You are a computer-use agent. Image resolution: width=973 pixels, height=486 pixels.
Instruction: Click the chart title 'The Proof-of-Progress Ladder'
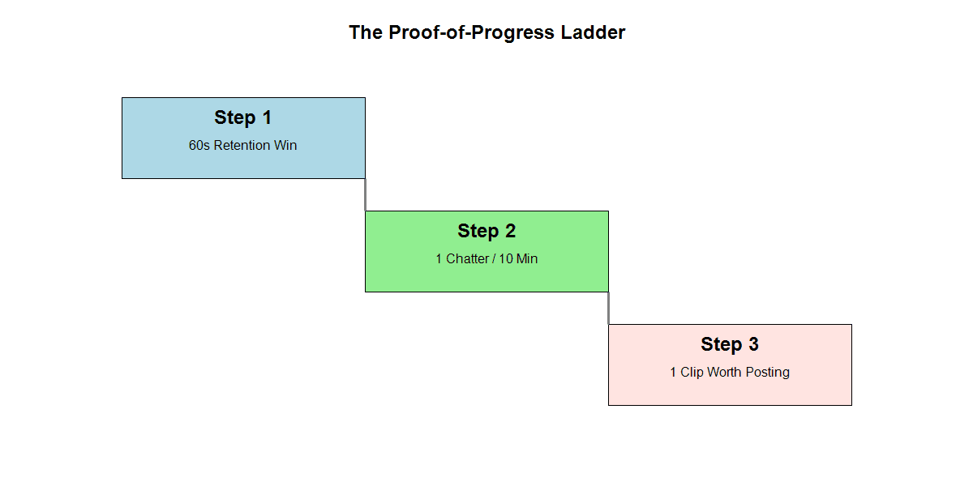click(x=486, y=33)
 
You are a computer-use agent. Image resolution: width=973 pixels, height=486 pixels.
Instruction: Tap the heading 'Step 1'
click(x=243, y=117)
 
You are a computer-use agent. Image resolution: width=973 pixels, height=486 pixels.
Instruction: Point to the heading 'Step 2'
click(x=486, y=231)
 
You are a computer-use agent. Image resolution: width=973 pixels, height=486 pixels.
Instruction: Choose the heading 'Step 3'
click(x=730, y=344)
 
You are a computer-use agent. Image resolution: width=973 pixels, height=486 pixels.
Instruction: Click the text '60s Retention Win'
click(x=243, y=146)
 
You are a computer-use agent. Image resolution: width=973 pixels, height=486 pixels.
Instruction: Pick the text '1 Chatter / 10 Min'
click(x=486, y=259)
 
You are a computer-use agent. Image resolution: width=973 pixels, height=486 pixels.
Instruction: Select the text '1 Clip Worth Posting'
click(x=730, y=373)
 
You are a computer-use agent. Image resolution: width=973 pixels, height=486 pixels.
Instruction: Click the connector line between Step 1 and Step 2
click(x=365, y=194)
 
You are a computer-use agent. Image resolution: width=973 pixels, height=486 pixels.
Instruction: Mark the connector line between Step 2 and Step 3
click(x=608, y=308)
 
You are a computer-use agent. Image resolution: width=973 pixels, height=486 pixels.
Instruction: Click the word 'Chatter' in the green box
click(x=468, y=259)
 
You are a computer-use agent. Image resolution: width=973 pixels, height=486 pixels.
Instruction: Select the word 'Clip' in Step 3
click(x=692, y=373)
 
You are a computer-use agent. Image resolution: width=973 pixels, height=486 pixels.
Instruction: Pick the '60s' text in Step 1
click(x=199, y=146)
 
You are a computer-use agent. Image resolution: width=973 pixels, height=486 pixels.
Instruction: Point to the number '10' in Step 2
click(x=506, y=259)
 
